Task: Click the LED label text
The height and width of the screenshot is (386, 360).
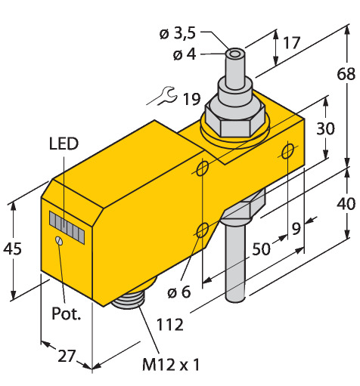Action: tap(64, 144)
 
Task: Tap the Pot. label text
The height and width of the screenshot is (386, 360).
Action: tap(67, 313)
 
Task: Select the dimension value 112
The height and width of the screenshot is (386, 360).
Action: tap(170, 325)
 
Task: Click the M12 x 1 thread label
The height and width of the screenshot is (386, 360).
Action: tap(171, 364)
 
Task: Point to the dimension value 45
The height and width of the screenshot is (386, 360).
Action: tap(13, 249)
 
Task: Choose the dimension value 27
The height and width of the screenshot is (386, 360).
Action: tap(67, 356)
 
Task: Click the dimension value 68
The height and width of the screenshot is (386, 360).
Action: tap(346, 74)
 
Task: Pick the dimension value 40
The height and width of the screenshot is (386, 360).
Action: tap(346, 203)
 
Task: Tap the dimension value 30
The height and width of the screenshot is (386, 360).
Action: tap(326, 128)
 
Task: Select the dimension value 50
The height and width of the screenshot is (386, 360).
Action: tap(261, 249)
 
